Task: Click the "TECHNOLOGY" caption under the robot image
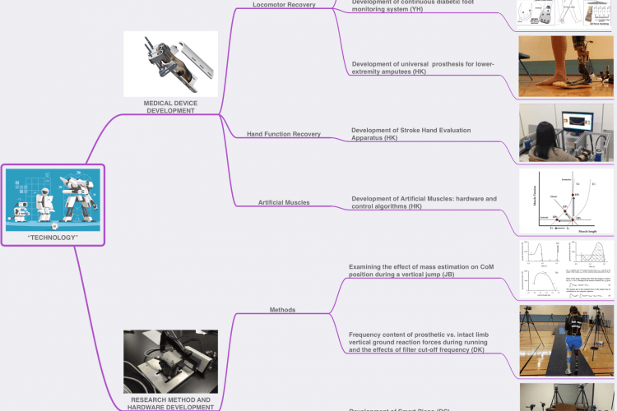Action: (x=53, y=237)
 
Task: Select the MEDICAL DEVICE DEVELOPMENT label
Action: (x=170, y=106)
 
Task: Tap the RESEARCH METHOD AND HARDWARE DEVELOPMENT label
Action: (x=170, y=403)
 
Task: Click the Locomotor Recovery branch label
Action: (x=284, y=6)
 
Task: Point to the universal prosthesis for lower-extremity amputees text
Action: (x=422, y=68)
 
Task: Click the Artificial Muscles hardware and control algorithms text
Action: (x=424, y=202)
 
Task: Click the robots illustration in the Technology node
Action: (x=53, y=198)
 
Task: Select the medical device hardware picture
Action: (x=170, y=64)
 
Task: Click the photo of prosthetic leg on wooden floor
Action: (x=567, y=66)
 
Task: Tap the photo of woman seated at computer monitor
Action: (x=567, y=132)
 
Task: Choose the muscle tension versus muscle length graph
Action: (x=567, y=201)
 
